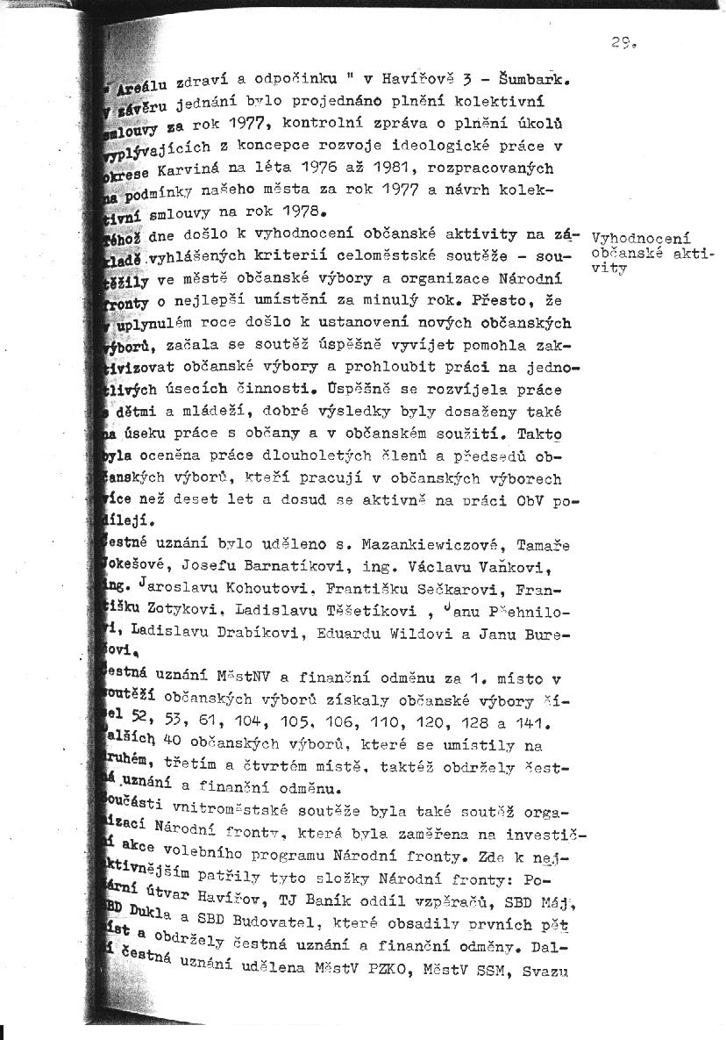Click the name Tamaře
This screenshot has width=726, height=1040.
(x=544, y=545)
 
